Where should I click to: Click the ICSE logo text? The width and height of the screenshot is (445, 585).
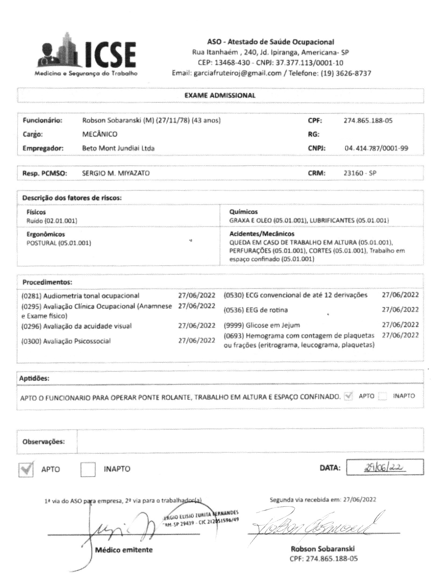point(110,55)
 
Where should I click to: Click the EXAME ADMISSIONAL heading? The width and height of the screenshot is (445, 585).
point(220,95)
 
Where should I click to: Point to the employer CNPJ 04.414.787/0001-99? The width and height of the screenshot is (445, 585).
point(376,148)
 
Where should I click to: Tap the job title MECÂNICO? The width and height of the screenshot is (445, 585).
point(100,134)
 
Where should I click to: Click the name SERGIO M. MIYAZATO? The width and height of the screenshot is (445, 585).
point(116,173)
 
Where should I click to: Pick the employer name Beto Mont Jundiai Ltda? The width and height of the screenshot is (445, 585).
point(118,148)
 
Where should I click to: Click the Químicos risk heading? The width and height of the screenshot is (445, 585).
point(243,212)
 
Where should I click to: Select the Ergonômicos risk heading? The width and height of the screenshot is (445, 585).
point(46,234)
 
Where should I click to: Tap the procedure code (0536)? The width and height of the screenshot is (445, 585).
point(234,310)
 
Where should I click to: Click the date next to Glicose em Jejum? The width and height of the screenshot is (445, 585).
point(400,325)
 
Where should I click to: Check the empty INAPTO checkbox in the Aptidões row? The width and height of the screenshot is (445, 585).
point(383,396)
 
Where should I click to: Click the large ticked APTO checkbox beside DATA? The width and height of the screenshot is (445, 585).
point(26,469)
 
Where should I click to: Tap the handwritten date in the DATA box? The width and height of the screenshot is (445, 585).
point(385,468)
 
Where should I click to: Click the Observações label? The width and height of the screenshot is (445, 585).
point(44,441)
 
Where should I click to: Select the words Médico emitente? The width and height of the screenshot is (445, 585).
point(124,550)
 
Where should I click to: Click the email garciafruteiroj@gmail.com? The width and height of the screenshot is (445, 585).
point(238,73)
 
